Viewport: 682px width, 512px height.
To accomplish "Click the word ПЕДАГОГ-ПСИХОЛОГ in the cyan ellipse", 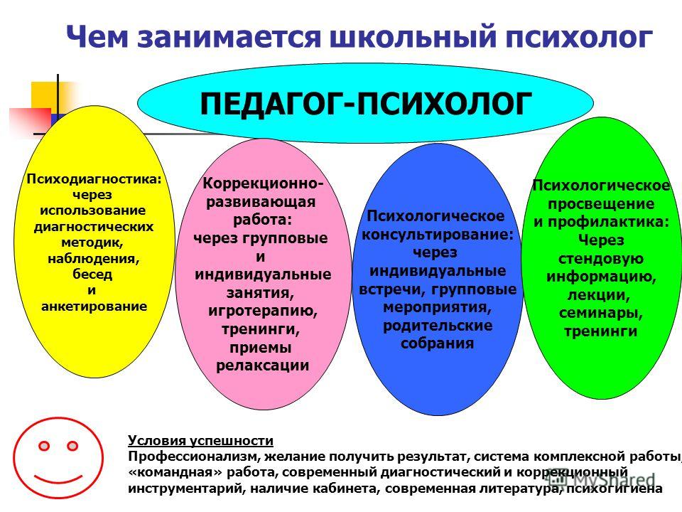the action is [366, 104].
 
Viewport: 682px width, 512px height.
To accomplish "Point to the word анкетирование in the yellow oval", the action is [94, 306].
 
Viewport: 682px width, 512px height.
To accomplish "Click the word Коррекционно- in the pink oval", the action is [263, 183].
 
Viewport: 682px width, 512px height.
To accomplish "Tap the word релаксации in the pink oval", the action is [262, 366].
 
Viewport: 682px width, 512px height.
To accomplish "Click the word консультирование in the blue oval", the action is [435, 235].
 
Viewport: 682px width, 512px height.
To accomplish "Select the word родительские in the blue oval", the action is [438, 326].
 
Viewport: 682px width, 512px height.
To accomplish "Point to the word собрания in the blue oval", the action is [437, 343].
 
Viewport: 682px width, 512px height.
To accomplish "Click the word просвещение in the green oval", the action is [601, 204].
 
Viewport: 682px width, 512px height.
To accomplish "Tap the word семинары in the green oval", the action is [601, 313].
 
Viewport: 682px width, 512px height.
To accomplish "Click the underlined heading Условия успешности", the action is [200, 441].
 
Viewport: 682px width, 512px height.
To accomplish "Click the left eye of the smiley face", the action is [44, 446].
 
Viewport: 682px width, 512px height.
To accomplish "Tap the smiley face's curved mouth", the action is [58, 479].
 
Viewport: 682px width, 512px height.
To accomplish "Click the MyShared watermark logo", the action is [602, 479].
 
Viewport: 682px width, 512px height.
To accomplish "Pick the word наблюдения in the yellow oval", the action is [94, 259].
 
